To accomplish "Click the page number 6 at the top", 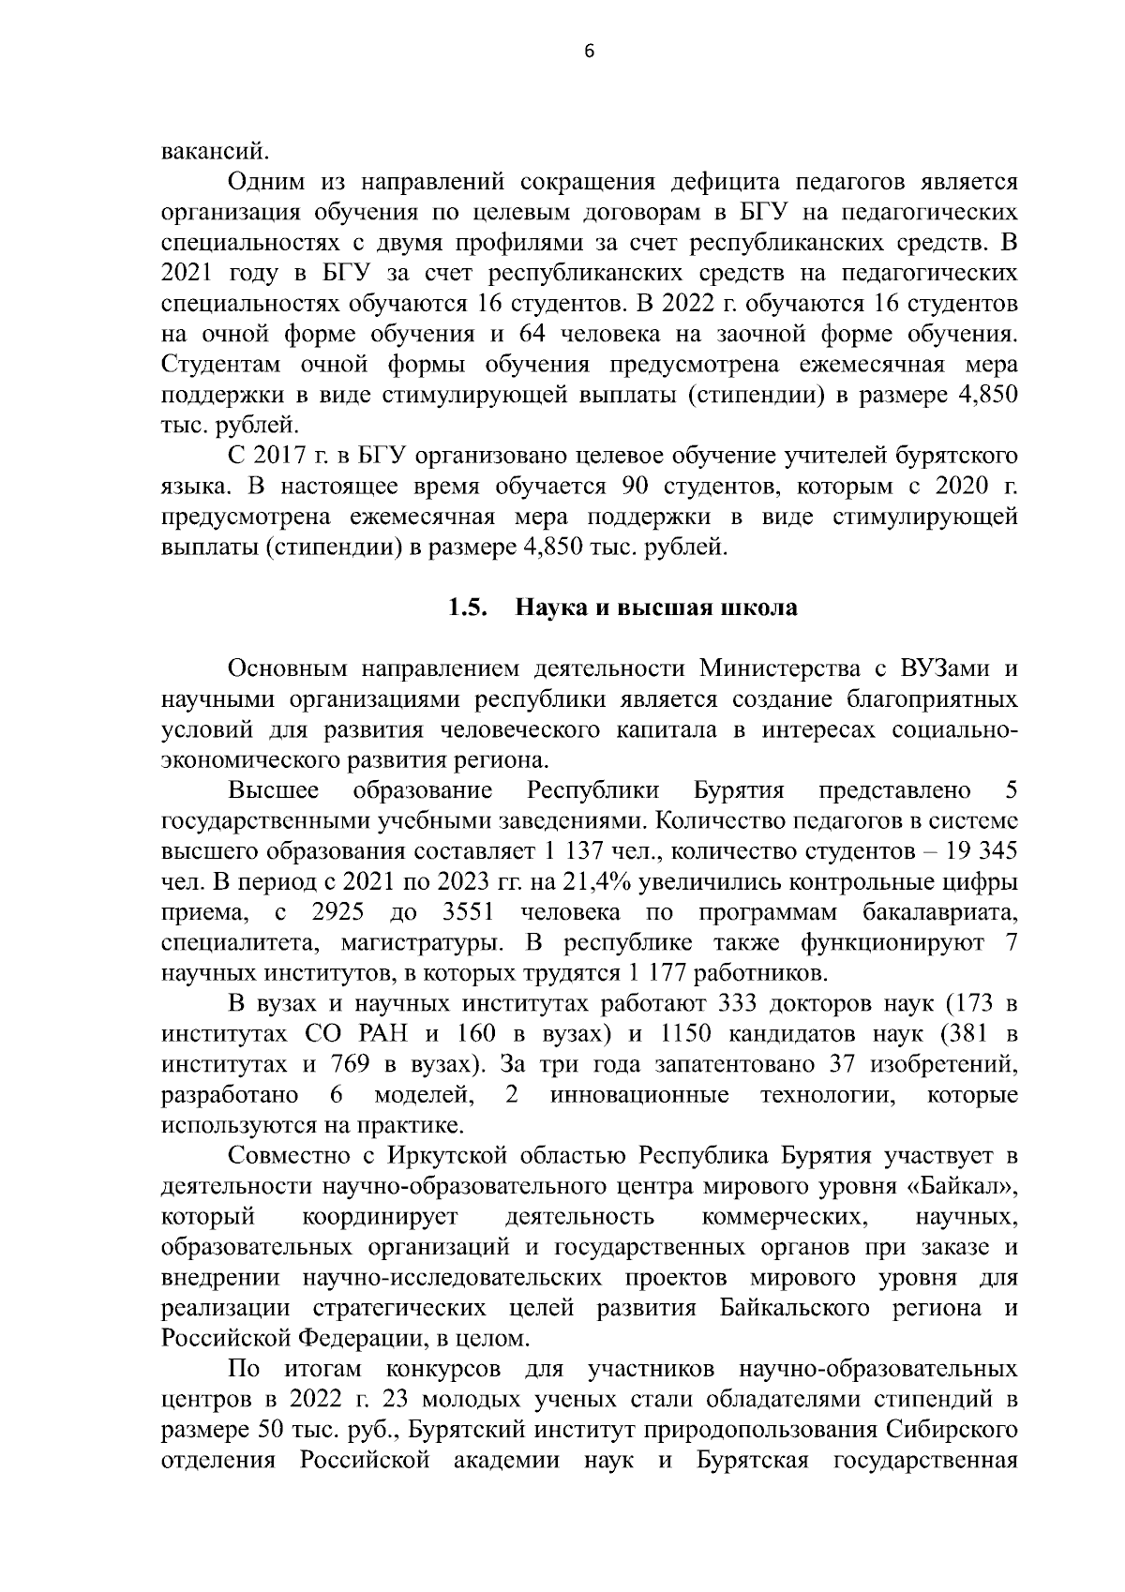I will (589, 53).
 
